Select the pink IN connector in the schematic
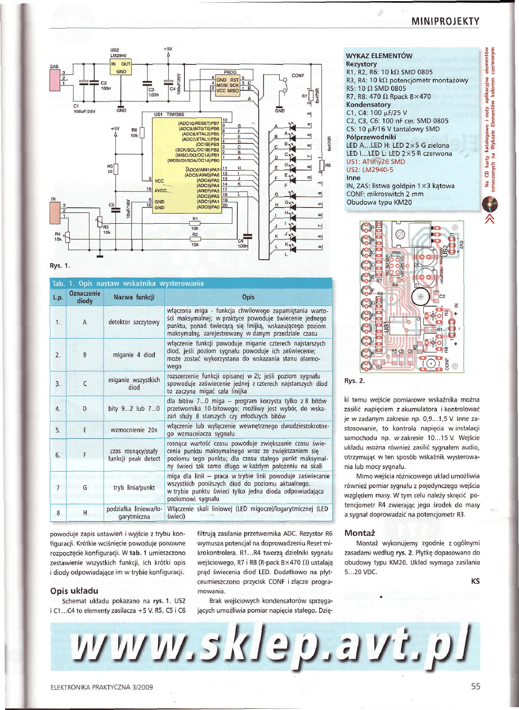pos(56,210)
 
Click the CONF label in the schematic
pos(298,74)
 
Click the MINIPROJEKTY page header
pos(445,22)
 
